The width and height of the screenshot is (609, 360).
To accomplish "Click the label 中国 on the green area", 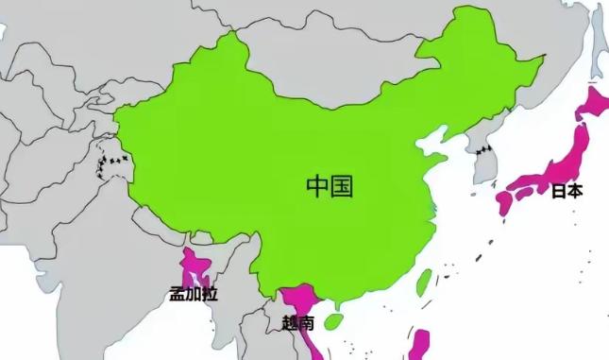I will point(330,185).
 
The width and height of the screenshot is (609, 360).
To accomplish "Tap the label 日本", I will point(567,191).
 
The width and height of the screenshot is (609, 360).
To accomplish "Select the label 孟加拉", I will point(194,294).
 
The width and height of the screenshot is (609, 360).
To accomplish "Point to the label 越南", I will point(298,322).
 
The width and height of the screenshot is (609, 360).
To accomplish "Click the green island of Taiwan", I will point(424,281).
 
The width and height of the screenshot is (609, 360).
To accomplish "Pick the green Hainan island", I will point(332,321).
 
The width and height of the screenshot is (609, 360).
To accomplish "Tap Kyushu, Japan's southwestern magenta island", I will point(503,203).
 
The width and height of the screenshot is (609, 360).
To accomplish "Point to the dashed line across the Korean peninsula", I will point(483,148).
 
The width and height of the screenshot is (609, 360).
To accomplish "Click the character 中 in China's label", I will point(317,185).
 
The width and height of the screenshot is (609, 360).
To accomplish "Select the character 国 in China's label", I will point(342,185).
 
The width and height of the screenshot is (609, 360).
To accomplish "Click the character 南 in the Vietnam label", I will point(306,322).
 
